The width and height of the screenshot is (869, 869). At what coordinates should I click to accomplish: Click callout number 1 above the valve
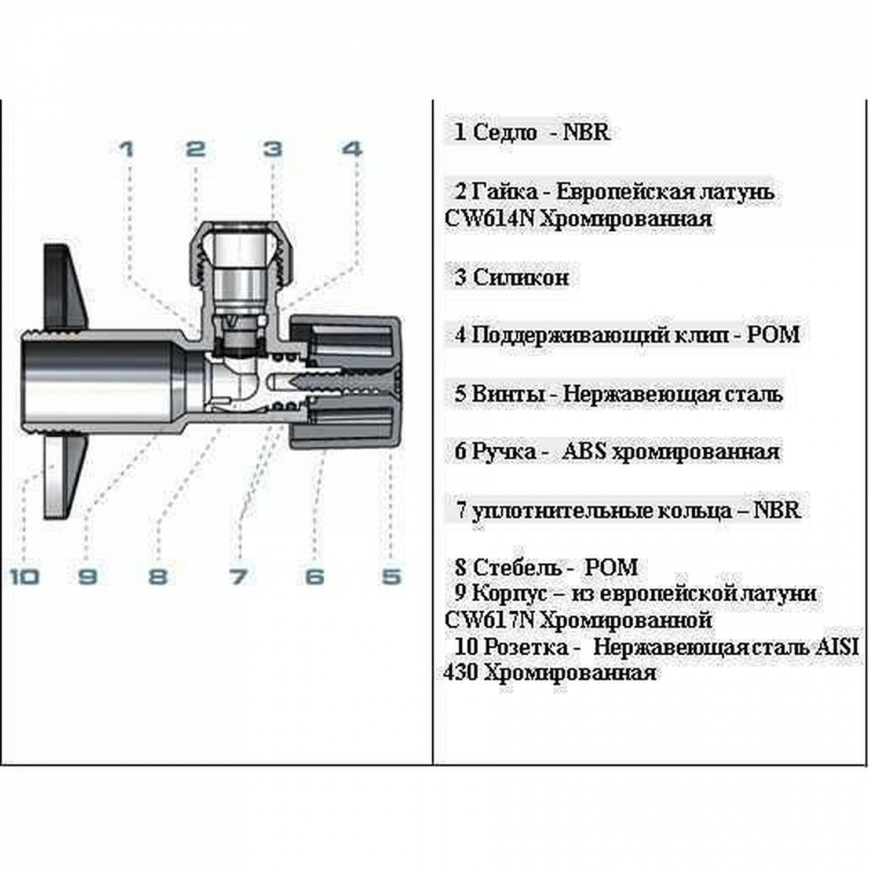click(126, 149)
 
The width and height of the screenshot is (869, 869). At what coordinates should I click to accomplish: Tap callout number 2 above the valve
click(196, 149)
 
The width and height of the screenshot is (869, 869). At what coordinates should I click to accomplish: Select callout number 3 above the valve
click(273, 149)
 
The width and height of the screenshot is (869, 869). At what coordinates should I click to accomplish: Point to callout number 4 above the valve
click(351, 149)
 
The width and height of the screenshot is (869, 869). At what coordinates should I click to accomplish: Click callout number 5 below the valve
click(392, 576)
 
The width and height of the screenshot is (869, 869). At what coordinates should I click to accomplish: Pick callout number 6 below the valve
click(315, 576)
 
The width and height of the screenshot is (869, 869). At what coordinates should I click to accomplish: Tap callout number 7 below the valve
click(238, 576)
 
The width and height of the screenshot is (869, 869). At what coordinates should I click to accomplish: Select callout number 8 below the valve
click(158, 576)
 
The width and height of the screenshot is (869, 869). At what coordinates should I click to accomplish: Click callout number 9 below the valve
click(87, 576)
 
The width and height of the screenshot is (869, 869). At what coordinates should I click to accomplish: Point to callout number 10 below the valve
click(25, 576)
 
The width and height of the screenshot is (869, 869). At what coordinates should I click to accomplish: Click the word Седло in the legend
click(505, 132)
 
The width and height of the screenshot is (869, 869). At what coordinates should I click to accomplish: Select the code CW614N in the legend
click(489, 219)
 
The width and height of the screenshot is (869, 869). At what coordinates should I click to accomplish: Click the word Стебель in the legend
click(518, 567)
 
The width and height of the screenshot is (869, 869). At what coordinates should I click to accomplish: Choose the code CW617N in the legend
click(489, 620)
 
